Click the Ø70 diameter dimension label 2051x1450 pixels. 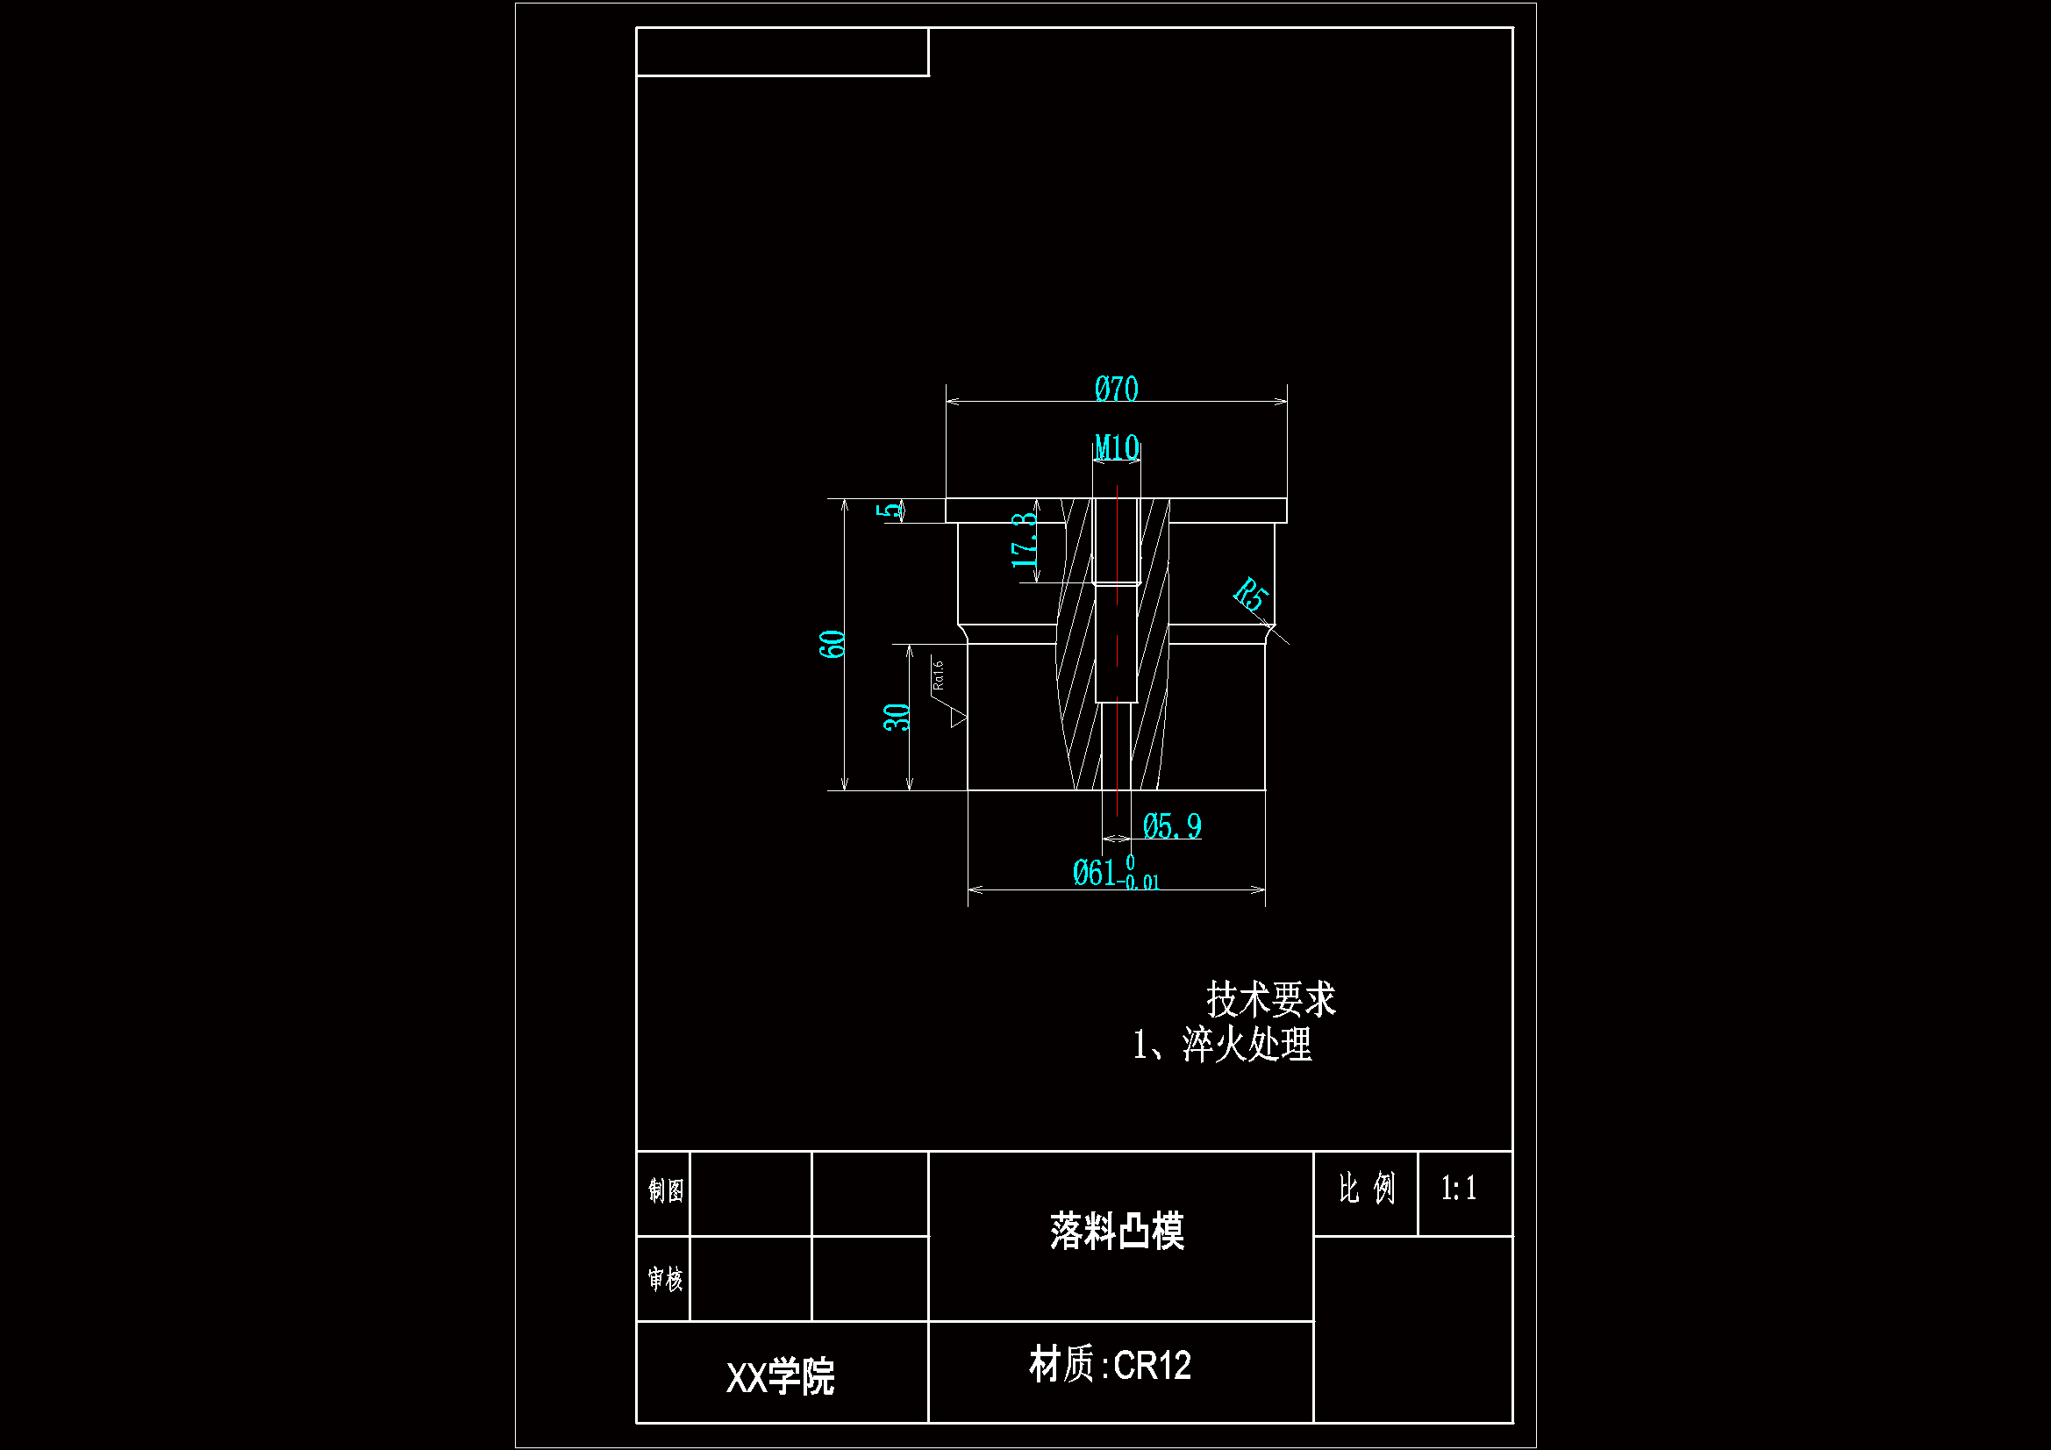[x=1116, y=389]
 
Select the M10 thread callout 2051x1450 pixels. [x=1117, y=446]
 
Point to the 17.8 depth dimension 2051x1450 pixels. [x=1025, y=540]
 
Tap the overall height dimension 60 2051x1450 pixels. [x=832, y=643]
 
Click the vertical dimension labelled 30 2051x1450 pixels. [x=897, y=717]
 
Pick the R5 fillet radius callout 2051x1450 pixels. [x=1252, y=594]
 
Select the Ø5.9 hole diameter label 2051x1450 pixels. [x=1171, y=826]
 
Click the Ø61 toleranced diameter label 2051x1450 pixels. [x=1114, y=873]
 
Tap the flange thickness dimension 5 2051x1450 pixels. [x=890, y=511]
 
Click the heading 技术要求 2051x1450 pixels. [x=1270, y=999]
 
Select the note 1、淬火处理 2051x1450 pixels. [x=1222, y=1045]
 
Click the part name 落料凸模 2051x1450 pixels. [x=1117, y=1231]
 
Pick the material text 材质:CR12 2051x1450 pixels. [x=1111, y=1365]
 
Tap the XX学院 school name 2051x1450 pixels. [x=780, y=1376]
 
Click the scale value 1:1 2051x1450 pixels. [x=1459, y=1189]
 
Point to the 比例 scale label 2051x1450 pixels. [x=1366, y=1189]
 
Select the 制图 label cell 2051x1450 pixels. [x=666, y=1190]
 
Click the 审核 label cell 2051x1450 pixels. [x=666, y=1279]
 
